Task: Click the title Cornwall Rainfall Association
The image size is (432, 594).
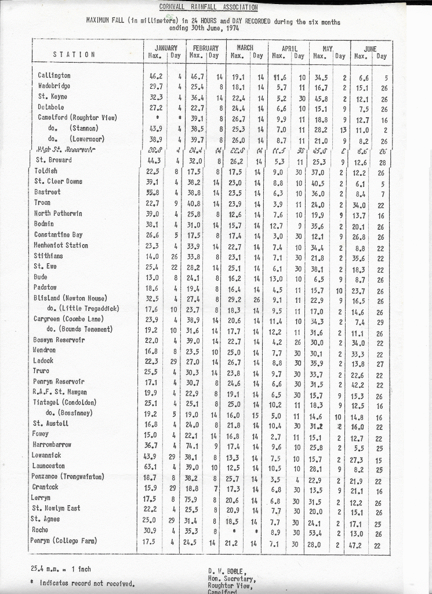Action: click(208, 7)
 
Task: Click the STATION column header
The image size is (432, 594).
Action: click(74, 55)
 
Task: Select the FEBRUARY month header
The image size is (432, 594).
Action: click(204, 48)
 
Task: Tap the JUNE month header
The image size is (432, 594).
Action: click(370, 49)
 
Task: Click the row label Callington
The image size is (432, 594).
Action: click(54, 75)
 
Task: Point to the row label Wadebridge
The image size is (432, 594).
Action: click(54, 86)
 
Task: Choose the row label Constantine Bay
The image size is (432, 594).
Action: click(61, 234)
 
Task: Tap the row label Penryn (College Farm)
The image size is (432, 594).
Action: click(64, 541)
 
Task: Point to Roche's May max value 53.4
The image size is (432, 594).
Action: click(315, 530)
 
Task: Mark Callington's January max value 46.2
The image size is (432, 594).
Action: click(152, 75)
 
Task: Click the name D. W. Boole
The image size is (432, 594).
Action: click(227, 571)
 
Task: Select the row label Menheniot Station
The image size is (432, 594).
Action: click(61, 245)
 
